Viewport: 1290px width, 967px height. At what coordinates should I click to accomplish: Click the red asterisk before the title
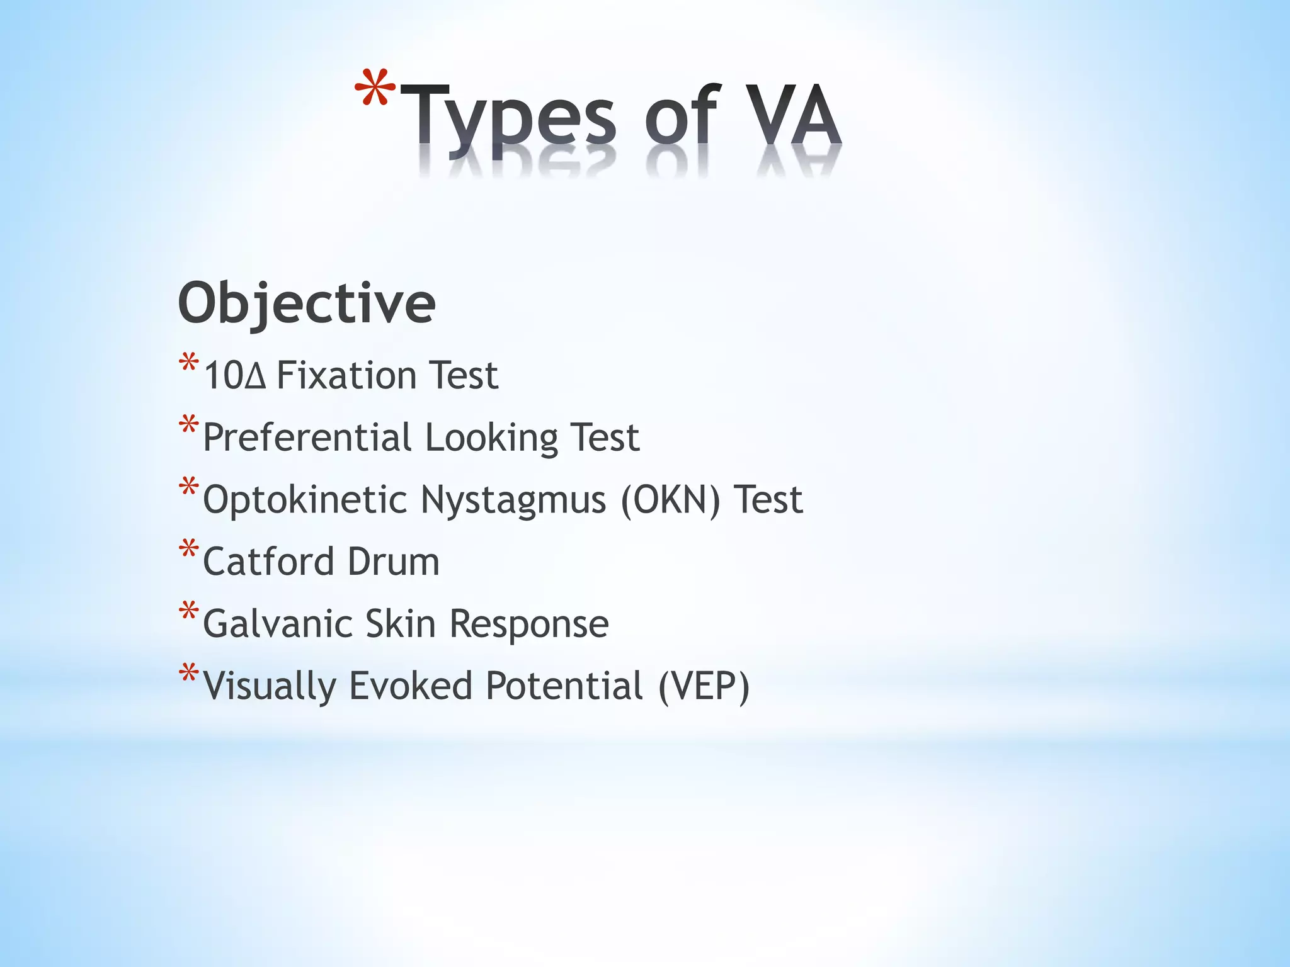coord(375,88)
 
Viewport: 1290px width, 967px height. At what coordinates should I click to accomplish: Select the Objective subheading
coord(307,304)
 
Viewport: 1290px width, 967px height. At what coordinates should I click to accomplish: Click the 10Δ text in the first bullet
coord(235,376)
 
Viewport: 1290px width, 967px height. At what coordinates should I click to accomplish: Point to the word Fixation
coord(346,376)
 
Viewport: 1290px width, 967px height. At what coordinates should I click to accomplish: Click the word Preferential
coord(307,438)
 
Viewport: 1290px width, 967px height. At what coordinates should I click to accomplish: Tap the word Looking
coord(491,438)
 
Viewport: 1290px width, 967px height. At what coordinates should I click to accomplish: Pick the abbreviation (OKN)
coord(670,500)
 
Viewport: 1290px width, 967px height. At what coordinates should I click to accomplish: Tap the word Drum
coord(393,562)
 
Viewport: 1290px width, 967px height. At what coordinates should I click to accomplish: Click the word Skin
coord(401,624)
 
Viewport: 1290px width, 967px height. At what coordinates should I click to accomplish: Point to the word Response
coord(529,624)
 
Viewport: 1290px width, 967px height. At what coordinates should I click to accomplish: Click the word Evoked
coord(410,686)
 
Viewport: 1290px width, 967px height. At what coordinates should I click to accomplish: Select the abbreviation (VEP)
coord(704,686)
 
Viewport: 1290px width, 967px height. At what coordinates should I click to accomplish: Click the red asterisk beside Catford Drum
coord(188,550)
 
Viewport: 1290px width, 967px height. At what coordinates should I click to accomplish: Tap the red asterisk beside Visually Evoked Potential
coord(188,674)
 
